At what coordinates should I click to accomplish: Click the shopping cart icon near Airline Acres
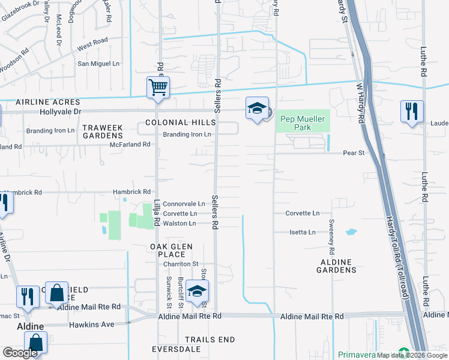coord(158,88)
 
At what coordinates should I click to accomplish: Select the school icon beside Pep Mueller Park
coord(257,109)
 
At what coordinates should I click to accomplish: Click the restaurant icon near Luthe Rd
coord(412,112)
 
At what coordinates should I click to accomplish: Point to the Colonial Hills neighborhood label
coord(176,122)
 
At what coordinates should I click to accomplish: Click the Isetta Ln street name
coord(303,232)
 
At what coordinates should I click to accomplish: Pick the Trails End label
coord(209,340)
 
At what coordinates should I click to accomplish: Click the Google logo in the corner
coord(20,353)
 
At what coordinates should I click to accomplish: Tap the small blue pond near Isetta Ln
coord(351,231)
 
